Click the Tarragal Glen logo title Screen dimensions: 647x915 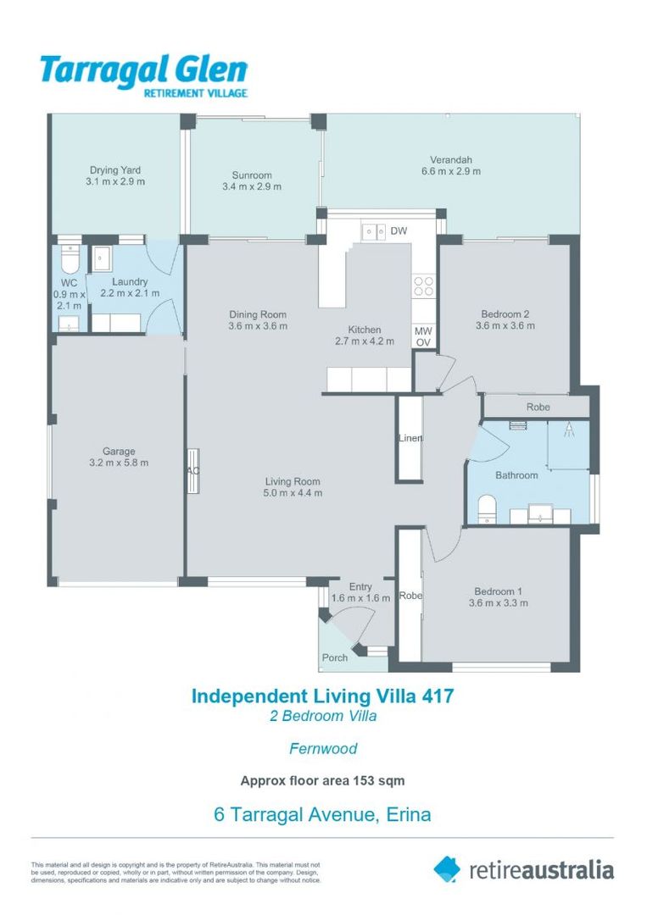pyautogui.click(x=143, y=70)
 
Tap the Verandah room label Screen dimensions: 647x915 pyautogui.click(x=451, y=159)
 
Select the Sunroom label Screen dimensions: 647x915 pyautogui.click(x=252, y=175)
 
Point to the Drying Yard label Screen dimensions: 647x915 pyautogui.click(x=115, y=169)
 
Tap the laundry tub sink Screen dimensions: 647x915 pyautogui.click(x=103, y=258)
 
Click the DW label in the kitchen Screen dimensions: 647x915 pyautogui.click(x=399, y=231)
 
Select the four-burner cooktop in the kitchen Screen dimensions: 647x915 pyautogui.click(x=423, y=286)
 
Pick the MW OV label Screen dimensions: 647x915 pyautogui.click(x=423, y=336)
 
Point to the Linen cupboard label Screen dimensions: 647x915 pyautogui.click(x=410, y=438)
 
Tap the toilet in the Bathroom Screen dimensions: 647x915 pyautogui.click(x=487, y=509)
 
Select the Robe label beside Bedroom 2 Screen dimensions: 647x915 pyautogui.click(x=538, y=407)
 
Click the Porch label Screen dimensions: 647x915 pyautogui.click(x=335, y=657)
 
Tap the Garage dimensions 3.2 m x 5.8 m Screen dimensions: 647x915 pyautogui.click(x=119, y=463)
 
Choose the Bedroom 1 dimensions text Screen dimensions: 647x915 pyautogui.click(x=498, y=603)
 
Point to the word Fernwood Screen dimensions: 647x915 pyautogui.click(x=323, y=748)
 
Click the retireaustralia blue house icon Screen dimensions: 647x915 pyautogui.click(x=447, y=869)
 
